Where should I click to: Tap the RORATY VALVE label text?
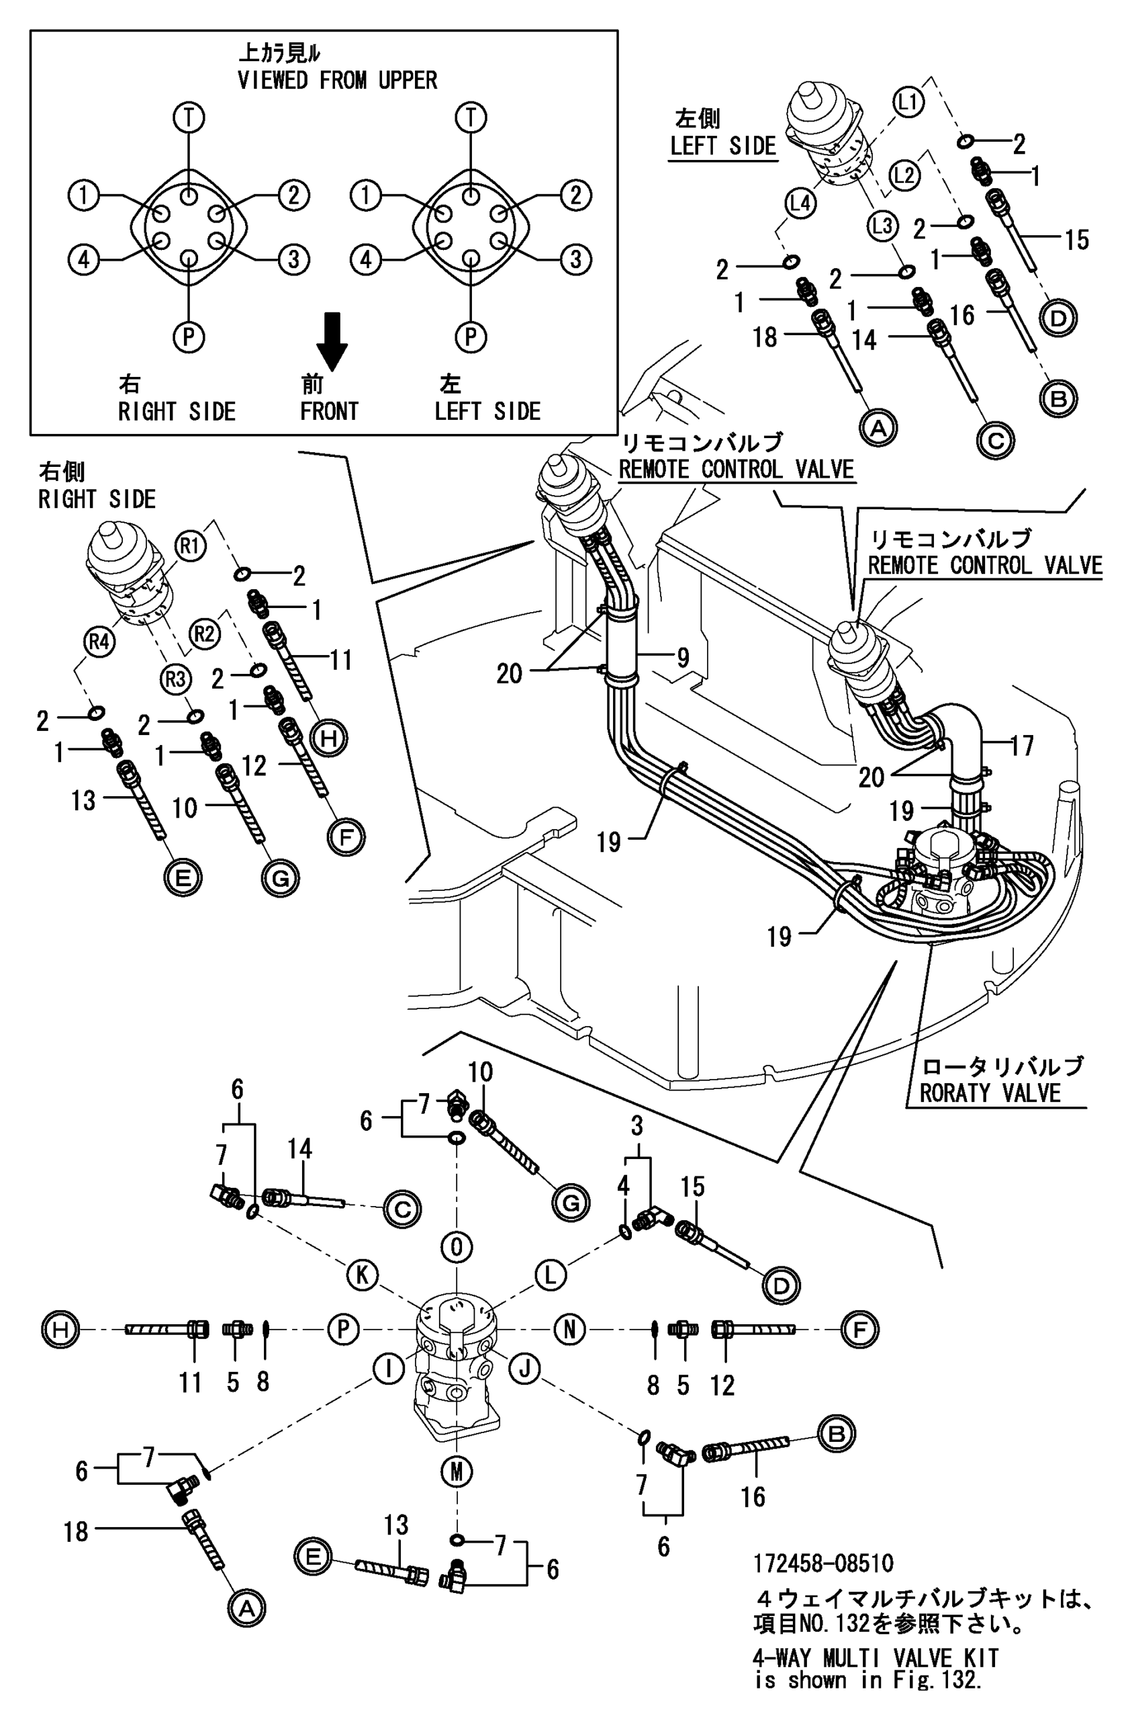tap(989, 1092)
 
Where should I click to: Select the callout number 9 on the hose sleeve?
tap(682, 657)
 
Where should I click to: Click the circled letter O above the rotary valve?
tap(457, 1246)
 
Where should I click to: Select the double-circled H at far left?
tap(60, 1329)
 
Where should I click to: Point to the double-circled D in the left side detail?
tap(1058, 318)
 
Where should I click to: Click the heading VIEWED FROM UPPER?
tap(337, 79)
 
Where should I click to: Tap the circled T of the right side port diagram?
tap(189, 117)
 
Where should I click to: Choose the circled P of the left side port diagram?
tap(471, 336)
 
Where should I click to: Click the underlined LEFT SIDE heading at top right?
tap(722, 145)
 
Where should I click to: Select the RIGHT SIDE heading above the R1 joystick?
tap(97, 499)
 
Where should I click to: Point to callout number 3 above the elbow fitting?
tap(636, 1125)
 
